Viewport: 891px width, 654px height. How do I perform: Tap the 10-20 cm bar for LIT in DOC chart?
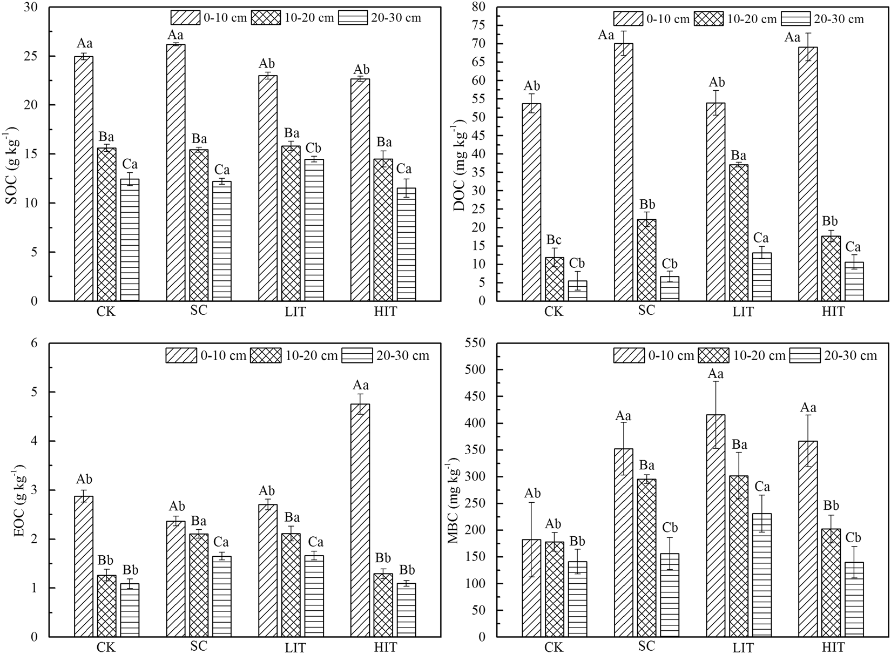click(x=739, y=232)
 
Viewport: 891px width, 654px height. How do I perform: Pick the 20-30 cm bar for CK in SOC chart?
click(x=130, y=240)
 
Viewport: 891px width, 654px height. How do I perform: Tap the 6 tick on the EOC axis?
click(x=38, y=343)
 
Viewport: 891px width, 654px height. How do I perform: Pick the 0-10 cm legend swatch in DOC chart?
click(x=628, y=19)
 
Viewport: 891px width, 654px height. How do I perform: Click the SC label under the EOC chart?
click(x=199, y=646)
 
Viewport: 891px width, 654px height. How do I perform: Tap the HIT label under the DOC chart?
click(x=832, y=312)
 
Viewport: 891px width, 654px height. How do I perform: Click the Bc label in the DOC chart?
click(x=554, y=239)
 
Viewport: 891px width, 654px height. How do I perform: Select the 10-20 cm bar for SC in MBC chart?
click(x=647, y=557)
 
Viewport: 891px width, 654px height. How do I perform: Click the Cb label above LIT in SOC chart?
click(x=314, y=149)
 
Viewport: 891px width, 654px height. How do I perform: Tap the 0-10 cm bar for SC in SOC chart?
click(x=175, y=172)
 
